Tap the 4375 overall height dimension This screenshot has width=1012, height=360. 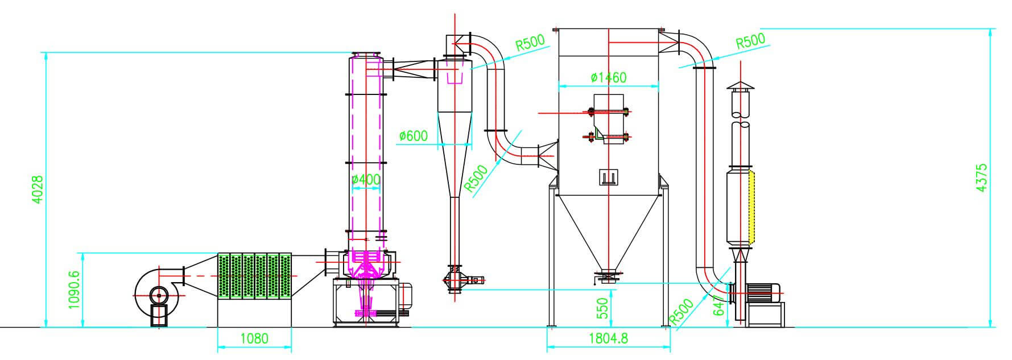(981, 177)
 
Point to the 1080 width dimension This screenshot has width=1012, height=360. (254, 339)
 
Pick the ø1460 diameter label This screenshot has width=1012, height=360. (608, 77)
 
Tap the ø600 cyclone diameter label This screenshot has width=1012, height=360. (414, 136)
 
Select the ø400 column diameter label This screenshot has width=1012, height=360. (366, 180)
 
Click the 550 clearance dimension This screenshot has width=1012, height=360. (603, 308)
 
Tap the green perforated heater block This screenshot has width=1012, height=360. (255, 276)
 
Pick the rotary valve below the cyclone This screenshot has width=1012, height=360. (454, 279)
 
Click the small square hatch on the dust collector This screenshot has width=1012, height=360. (608, 176)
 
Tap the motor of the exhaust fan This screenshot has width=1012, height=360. (763, 292)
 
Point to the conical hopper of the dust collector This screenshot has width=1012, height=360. (608, 230)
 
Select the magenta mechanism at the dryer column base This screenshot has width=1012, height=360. (366, 267)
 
